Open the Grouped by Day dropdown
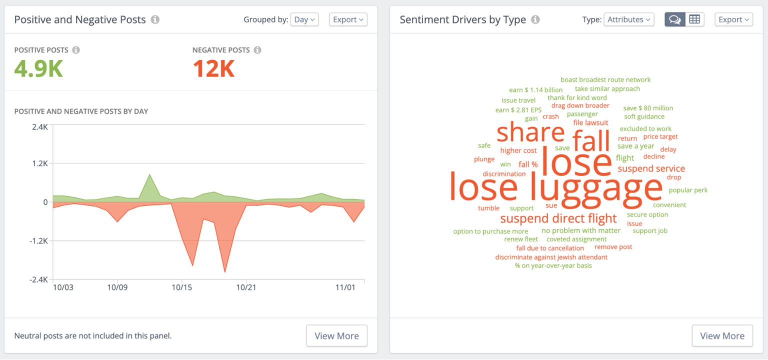[x=304, y=19]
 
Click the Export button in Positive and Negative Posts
[x=348, y=19]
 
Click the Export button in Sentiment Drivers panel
[x=733, y=19]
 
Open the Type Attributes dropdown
[x=628, y=19]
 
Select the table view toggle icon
[x=694, y=19]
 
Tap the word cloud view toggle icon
[x=674, y=19]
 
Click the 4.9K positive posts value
[x=38, y=68]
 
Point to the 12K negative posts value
[x=213, y=68]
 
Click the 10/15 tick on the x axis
[x=181, y=287]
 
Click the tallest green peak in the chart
[x=149, y=175]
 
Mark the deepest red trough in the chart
[x=225, y=271]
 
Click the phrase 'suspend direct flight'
[x=558, y=218]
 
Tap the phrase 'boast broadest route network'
[x=605, y=79]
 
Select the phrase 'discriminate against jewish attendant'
[x=551, y=257]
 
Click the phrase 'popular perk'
[x=688, y=190]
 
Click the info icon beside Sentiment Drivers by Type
[x=535, y=19]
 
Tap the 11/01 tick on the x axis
[x=345, y=287]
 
